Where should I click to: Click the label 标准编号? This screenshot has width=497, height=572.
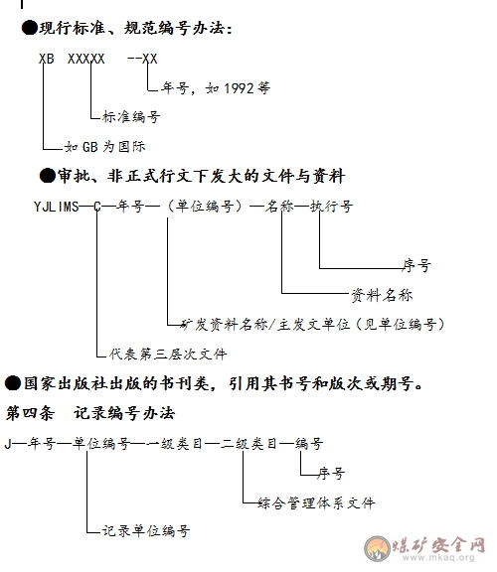click(x=131, y=117)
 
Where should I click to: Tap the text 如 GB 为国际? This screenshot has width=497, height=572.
click(x=104, y=147)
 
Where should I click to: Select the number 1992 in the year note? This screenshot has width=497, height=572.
click(x=239, y=88)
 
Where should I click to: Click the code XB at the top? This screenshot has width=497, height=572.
click(x=47, y=59)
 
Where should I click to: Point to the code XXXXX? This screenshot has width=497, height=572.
click(x=85, y=59)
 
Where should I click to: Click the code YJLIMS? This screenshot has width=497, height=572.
click(x=57, y=207)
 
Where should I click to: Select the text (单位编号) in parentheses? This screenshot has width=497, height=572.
click(x=205, y=207)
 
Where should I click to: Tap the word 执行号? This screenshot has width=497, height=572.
click(x=332, y=207)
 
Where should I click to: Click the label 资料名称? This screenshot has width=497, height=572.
click(x=382, y=295)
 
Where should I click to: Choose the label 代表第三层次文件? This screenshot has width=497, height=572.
click(x=168, y=354)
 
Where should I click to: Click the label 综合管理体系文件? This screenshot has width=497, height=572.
click(x=316, y=503)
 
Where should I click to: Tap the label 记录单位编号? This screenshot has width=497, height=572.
click(x=146, y=530)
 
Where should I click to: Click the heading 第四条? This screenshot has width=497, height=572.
click(x=30, y=413)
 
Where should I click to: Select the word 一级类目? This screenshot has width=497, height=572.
click(x=175, y=444)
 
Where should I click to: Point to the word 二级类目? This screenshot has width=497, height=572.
click(x=248, y=444)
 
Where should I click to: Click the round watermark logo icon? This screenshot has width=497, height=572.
click(x=378, y=548)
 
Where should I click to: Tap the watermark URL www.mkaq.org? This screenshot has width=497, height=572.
click(x=438, y=558)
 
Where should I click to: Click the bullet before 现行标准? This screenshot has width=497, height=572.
click(x=29, y=28)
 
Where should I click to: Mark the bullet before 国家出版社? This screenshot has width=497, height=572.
click(x=13, y=383)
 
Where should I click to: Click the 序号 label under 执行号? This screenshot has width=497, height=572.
click(x=416, y=265)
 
